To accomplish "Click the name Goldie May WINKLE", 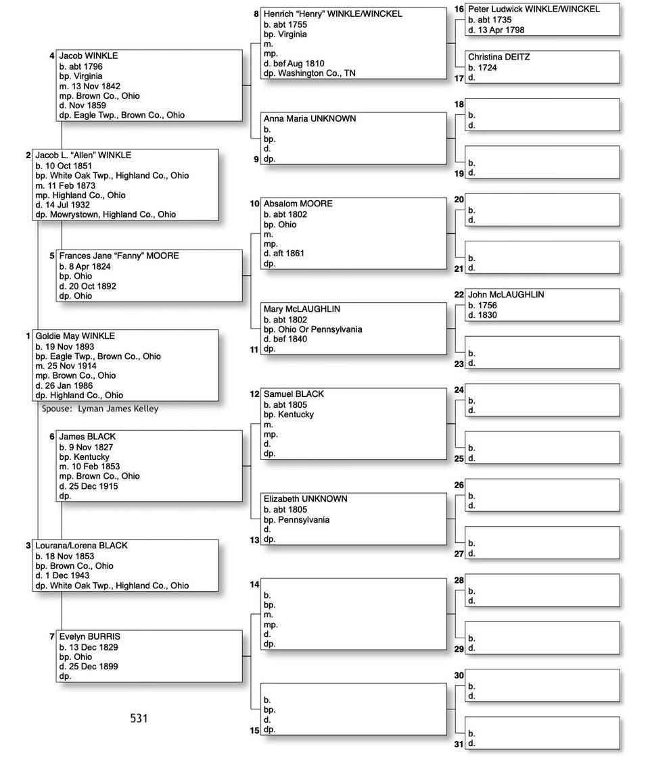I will pos(75,336).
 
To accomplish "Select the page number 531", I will pos(139,718).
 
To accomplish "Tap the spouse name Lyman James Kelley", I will pos(118,408).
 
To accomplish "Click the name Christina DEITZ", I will pos(498,57).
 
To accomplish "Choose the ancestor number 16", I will pos(459,9).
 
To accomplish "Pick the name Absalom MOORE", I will pos(298,204).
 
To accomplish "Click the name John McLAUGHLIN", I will pos(506,295).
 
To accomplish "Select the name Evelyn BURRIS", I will pos(89,637).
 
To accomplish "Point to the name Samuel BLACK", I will pos(294,394).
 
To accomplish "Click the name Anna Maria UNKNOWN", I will pos(309,119).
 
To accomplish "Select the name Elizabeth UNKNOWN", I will pos(305,499).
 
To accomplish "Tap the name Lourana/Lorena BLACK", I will pos(81,546).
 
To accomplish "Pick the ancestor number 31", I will pos(459,744).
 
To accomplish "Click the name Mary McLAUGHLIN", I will pos(302,309).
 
